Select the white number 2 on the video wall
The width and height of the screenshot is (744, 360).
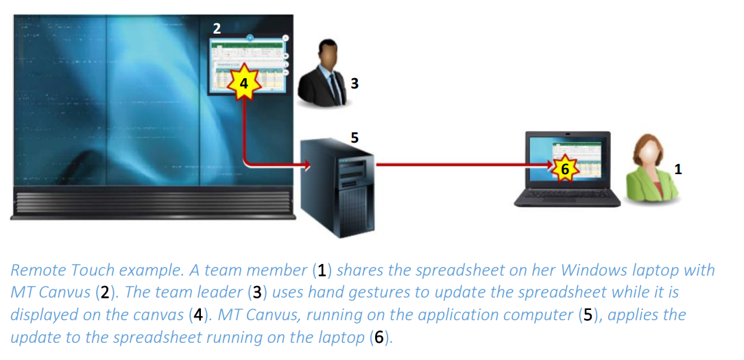pyautogui.click(x=217, y=28)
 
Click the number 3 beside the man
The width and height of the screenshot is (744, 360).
pyautogui.click(x=354, y=84)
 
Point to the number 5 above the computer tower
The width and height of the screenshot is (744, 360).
pyautogui.click(x=354, y=136)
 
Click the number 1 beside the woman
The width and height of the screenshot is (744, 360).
pyautogui.click(x=677, y=169)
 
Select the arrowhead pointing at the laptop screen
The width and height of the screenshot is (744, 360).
pyautogui.click(x=549, y=165)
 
